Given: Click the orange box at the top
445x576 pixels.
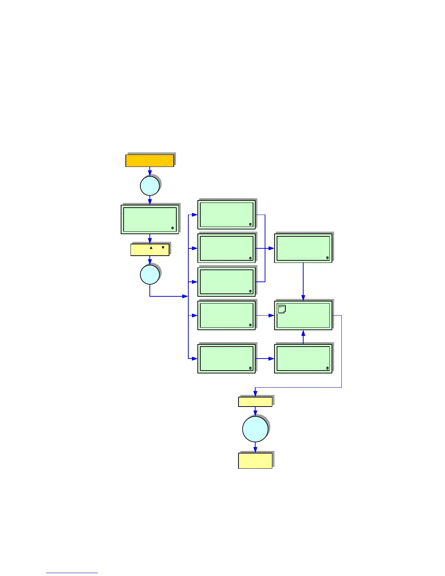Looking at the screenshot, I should pos(149,160).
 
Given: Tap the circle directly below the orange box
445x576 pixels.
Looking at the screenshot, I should pos(150,186).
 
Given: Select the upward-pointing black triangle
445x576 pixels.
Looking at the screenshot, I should pos(151,248).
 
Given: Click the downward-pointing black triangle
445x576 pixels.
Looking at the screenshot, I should pos(163,248).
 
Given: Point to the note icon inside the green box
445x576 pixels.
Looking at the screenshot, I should pos(282,309).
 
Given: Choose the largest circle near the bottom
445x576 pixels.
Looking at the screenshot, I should pos(255,429).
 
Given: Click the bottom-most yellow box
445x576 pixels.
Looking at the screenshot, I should pos(255,460).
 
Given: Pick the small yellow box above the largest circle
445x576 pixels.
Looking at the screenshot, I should pos(255,401).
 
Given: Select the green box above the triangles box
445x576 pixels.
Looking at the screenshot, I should pos(150,219).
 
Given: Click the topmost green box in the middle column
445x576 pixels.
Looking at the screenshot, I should pos(226,215).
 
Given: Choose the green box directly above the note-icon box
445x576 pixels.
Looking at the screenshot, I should pos(303,248).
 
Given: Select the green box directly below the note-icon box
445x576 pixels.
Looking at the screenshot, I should pos(303,359).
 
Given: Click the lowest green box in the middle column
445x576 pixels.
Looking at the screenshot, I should pos(226,359).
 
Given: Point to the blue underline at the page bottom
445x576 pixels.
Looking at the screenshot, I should pos(72,573).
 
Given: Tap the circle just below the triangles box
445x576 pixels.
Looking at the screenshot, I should pos(150,275).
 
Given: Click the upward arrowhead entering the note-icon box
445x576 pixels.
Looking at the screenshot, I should pos(303,333).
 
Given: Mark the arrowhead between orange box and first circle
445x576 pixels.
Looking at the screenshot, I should pos(150,173).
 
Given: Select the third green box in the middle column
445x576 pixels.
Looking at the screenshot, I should pos(226,282).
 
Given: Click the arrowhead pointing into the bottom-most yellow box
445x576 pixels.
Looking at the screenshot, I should pos(255,450).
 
